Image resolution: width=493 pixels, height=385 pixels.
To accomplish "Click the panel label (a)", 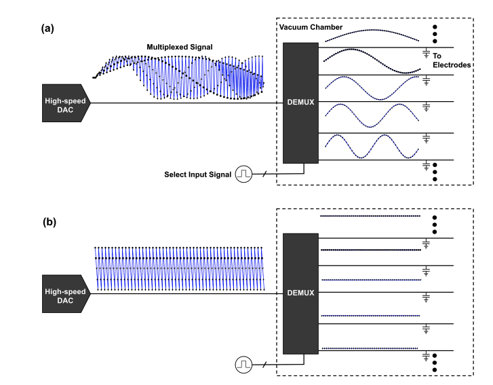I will point(47,29).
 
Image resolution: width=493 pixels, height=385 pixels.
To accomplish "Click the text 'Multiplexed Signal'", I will point(180,47).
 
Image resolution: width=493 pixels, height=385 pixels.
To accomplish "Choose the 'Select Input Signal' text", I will point(197,175).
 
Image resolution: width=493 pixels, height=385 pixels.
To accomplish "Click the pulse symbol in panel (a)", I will point(243,175).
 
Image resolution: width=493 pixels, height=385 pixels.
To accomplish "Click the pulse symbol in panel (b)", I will point(243,365).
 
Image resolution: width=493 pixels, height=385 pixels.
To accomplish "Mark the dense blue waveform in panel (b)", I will point(180,268).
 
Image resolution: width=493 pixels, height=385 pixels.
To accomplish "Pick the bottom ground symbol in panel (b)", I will point(426,355).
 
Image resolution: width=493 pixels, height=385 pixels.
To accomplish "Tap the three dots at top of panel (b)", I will point(434,222).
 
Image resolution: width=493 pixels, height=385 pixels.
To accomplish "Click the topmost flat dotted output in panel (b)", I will point(370,216).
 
